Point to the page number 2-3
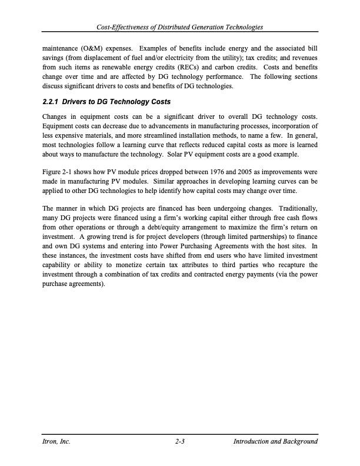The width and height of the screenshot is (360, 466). coord(181,441)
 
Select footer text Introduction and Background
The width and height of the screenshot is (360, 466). coord(275,441)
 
